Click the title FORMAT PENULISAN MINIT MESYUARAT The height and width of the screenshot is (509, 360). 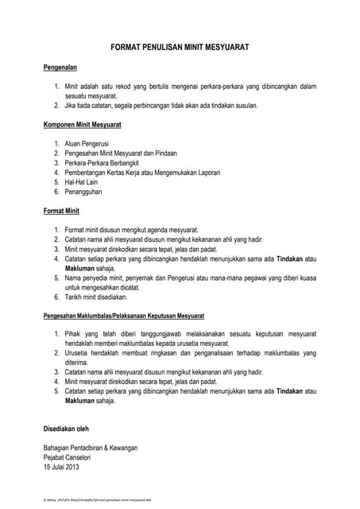180,49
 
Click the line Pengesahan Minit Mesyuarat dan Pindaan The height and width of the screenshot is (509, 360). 120,153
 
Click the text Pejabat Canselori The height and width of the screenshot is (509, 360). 70,457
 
